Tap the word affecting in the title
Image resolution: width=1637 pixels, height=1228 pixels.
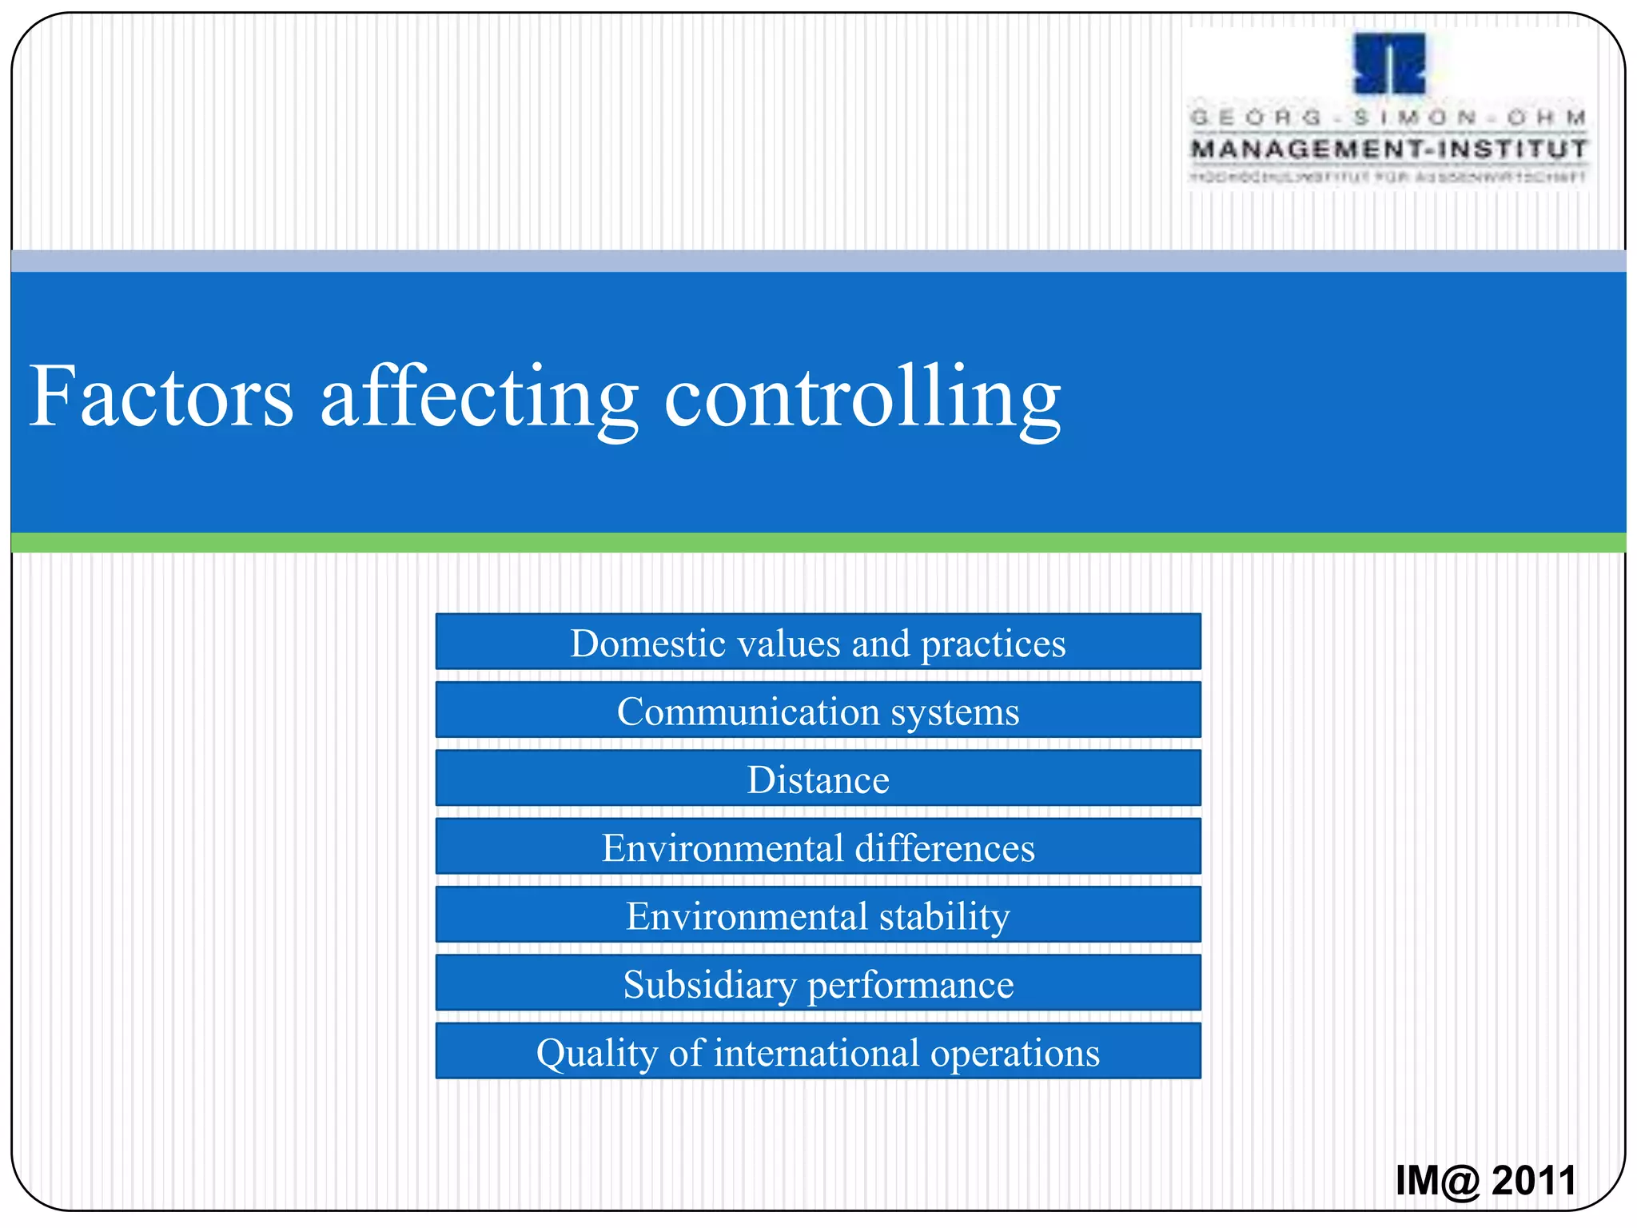[x=478, y=397]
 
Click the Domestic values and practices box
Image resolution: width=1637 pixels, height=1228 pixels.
[x=818, y=642]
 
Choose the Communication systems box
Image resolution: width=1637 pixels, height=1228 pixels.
[x=818, y=710]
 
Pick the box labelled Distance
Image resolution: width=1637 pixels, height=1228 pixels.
[x=818, y=779]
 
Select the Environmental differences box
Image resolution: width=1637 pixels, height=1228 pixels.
[x=818, y=847]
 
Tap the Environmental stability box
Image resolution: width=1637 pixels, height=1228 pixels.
[x=818, y=915]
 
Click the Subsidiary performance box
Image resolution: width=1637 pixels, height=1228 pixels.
[x=818, y=983]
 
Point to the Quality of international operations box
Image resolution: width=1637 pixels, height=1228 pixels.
[x=818, y=1051]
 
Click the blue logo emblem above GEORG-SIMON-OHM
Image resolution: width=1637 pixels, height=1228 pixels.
[x=1389, y=64]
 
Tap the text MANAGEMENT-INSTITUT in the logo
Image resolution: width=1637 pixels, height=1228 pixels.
[x=1388, y=149]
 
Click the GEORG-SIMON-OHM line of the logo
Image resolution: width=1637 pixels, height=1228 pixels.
[x=1388, y=118]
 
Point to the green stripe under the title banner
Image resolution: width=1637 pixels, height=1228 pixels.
[x=818, y=543]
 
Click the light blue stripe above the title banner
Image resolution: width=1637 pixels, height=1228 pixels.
[x=818, y=261]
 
